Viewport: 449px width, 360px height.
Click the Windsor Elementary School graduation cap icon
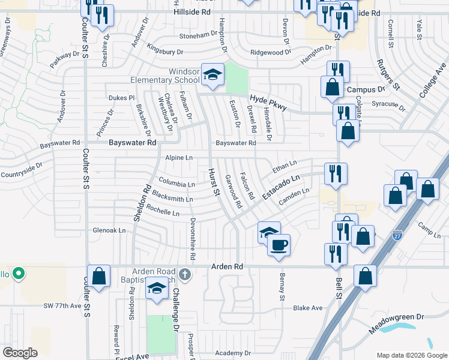pos(212,74)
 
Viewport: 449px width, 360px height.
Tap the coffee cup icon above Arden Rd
pos(279,245)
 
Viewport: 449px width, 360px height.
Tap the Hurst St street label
pos(212,181)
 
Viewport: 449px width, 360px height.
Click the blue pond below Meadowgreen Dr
pos(398,328)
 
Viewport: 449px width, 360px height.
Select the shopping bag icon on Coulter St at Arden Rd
pos(99,277)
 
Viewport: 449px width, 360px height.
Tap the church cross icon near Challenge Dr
pos(185,275)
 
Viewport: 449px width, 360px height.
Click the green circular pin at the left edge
pos(19,275)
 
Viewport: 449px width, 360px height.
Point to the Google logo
pos(20,353)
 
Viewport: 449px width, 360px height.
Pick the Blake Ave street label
pos(307,308)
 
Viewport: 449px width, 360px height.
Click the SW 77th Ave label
pos(62,306)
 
